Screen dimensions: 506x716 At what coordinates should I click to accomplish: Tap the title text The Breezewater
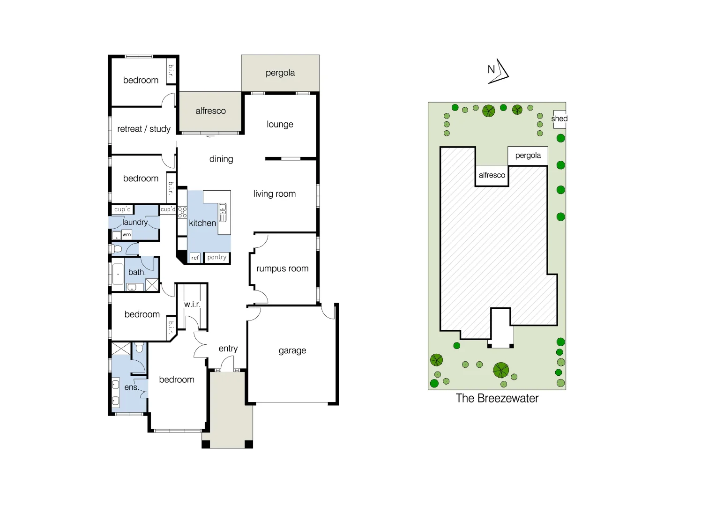pyautogui.click(x=497, y=398)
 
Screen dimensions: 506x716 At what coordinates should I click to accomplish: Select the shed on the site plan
pyautogui.click(x=559, y=119)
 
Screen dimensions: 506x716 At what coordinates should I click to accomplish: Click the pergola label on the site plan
pyautogui.click(x=528, y=156)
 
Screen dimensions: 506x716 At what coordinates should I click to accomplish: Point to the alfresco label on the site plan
pyautogui.click(x=492, y=175)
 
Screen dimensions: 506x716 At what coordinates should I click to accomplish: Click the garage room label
pyautogui.click(x=292, y=350)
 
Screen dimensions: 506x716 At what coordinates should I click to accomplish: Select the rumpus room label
pyautogui.click(x=282, y=268)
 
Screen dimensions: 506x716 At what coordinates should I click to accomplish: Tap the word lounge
pyautogui.click(x=280, y=124)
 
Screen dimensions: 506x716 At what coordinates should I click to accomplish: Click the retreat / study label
pyautogui.click(x=143, y=129)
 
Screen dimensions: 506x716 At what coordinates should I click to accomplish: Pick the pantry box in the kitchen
pyautogui.click(x=216, y=257)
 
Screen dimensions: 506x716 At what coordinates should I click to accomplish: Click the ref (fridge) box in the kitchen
pyautogui.click(x=195, y=258)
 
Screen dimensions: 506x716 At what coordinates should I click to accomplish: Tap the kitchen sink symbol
pyautogui.click(x=223, y=212)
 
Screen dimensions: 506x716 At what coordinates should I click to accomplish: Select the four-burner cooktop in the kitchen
pyautogui.click(x=182, y=212)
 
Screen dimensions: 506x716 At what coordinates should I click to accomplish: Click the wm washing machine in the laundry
pyautogui.click(x=127, y=234)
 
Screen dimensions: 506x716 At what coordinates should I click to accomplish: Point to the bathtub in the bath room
pyautogui.click(x=118, y=274)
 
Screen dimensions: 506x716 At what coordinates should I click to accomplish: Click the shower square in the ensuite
pyautogui.click(x=121, y=349)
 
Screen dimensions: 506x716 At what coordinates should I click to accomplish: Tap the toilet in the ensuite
pyautogui.click(x=139, y=347)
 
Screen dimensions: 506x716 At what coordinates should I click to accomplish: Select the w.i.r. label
pyautogui.click(x=192, y=304)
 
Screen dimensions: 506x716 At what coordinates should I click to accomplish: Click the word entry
pyautogui.click(x=228, y=349)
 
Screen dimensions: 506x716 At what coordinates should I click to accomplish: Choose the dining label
pyautogui.click(x=221, y=159)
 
